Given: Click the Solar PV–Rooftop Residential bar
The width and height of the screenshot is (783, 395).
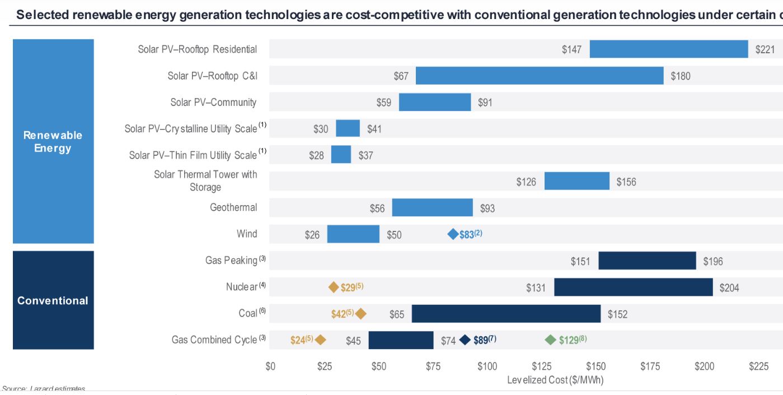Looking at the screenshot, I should (x=669, y=49).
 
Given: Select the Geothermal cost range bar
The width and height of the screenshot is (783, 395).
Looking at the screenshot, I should (x=432, y=208).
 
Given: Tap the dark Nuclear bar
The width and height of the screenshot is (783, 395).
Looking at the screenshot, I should (x=634, y=287).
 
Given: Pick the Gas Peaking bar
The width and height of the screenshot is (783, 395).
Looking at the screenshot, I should (x=647, y=261).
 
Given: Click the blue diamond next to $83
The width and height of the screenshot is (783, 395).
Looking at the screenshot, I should (x=453, y=234).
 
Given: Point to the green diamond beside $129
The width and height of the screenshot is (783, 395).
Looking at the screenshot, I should (x=551, y=340).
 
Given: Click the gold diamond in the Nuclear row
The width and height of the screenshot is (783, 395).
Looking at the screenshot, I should (x=334, y=287).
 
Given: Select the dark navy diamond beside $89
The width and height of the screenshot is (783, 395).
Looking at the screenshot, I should (x=465, y=340).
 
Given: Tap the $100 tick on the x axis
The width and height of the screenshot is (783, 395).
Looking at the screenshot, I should (x=487, y=366).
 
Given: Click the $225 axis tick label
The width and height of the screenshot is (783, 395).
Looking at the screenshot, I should (x=758, y=366).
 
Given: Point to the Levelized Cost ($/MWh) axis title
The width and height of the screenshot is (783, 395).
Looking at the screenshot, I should (x=555, y=380).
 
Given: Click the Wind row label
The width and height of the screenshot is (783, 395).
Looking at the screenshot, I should (x=247, y=234).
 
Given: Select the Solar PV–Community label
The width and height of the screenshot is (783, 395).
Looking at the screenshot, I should (x=213, y=103).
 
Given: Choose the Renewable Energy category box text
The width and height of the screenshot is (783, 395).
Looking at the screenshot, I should (x=53, y=142).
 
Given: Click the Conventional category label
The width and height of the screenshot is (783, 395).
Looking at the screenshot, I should (x=53, y=300).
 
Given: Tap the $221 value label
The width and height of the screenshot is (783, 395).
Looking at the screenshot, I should (x=765, y=50).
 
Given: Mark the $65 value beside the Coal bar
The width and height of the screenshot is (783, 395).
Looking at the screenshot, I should (x=397, y=314).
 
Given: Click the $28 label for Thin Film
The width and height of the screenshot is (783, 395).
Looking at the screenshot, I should (x=316, y=155).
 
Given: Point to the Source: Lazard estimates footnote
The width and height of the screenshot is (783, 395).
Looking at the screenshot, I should (x=44, y=389).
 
